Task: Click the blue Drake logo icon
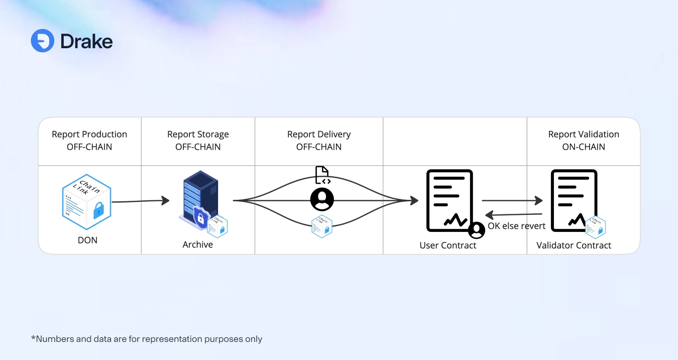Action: (x=42, y=41)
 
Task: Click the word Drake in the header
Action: (x=86, y=41)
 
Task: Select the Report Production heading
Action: (x=89, y=134)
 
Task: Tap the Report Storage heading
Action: (x=198, y=134)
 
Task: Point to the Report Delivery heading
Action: (x=319, y=134)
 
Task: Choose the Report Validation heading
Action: (x=584, y=134)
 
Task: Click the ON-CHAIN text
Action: (x=584, y=147)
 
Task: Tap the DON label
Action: (x=87, y=240)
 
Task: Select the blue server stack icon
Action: (x=196, y=198)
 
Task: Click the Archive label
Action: (x=198, y=245)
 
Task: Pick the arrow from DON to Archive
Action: (x=141, y=201)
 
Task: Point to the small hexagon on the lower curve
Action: (x=322, y=226)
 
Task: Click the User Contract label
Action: (x=448, y=245)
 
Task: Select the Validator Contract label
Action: (x=574, y=245)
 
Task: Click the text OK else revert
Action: (x=516, y=226)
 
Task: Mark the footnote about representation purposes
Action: (x=147, y=339)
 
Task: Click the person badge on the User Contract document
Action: (x=477, y=230)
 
